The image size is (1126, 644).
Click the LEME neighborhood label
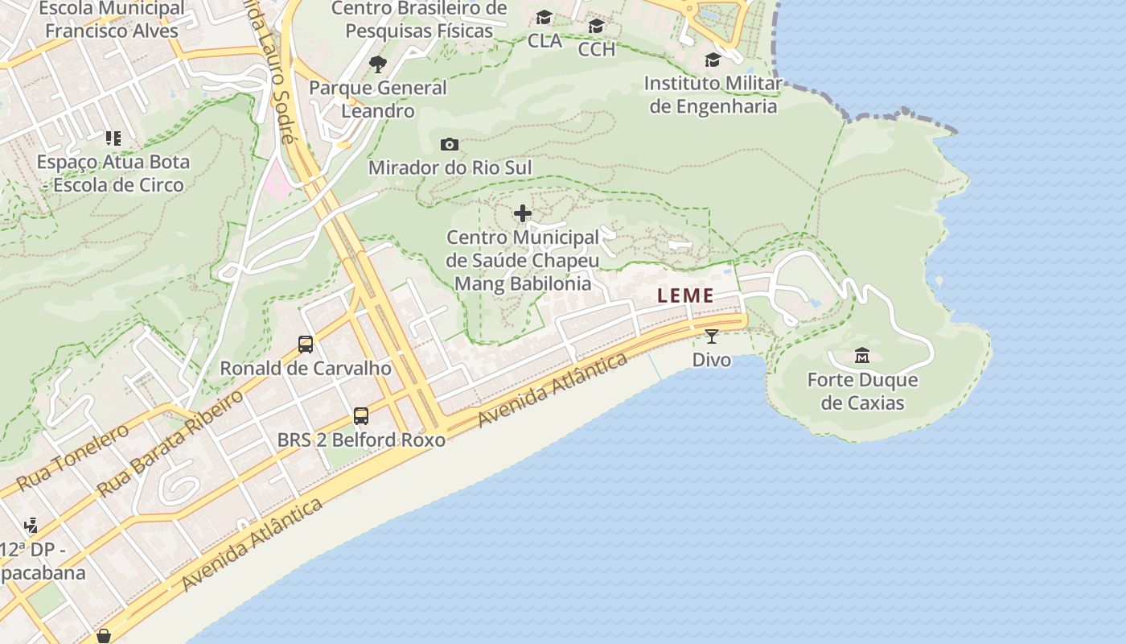(685, 295)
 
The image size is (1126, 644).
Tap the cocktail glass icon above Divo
(711, 336)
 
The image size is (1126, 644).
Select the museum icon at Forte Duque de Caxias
(862, 355)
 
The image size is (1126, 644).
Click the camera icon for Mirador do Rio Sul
(450, 145)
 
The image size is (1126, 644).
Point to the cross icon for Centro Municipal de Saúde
(523, 213)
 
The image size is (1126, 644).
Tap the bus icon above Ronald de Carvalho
(306, 345)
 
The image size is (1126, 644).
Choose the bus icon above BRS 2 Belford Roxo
(361, 416)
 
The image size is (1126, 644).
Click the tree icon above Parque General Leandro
(377, 64)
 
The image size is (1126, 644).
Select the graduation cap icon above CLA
(545, 18)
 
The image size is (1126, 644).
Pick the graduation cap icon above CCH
(596, 27)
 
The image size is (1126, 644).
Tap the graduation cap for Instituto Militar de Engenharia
(713, 60)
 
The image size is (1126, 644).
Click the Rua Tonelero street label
(72, 457)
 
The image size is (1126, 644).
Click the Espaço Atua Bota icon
(113, 138)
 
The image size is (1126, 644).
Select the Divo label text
(712, 359)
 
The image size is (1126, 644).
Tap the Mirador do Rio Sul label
(450, 167)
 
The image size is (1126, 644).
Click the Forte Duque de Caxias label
(862, 391)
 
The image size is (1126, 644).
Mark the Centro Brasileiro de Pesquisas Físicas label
(419, 19)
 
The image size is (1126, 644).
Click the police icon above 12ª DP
(31, 526)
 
